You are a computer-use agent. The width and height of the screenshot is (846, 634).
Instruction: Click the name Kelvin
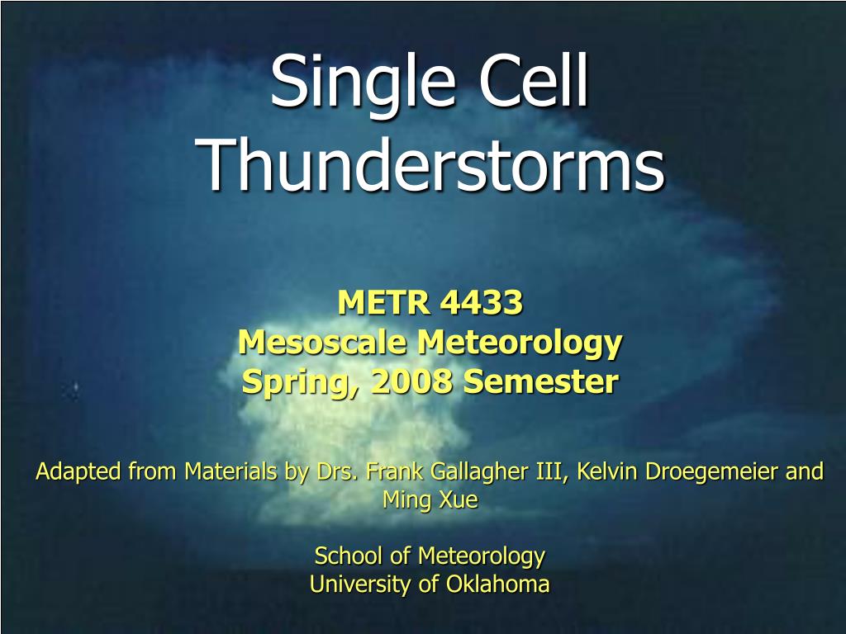606,471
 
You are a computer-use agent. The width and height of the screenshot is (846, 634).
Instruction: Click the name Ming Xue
430,500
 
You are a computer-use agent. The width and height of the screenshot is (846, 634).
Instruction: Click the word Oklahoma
497,584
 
